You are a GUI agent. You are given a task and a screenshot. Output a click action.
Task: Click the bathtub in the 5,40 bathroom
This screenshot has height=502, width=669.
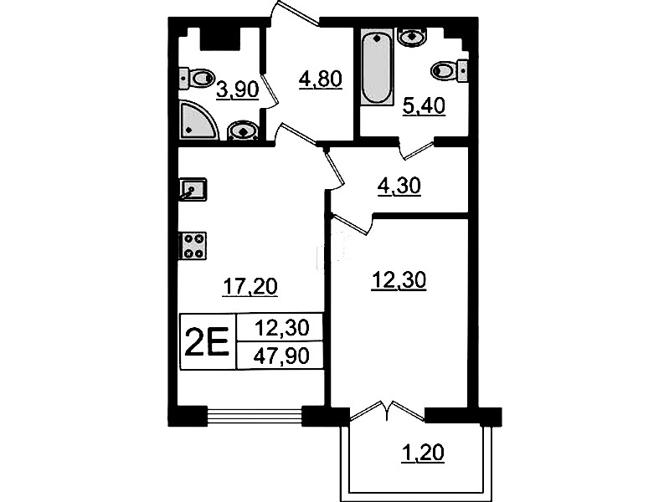pos(376,67)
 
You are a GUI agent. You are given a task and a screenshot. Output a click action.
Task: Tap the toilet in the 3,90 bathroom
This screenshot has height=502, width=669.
pos(195,79)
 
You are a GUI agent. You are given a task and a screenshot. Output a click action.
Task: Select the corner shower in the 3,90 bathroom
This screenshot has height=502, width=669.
pos(198,120)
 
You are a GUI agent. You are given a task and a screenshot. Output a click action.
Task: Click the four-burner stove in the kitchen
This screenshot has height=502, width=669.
pos(193,246)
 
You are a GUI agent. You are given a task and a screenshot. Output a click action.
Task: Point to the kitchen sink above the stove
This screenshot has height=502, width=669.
pos(193,189)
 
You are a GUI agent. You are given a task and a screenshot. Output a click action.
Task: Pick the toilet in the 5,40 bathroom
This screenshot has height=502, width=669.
pos(450,70)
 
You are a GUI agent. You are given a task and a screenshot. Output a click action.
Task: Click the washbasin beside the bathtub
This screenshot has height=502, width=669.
pos(412,37)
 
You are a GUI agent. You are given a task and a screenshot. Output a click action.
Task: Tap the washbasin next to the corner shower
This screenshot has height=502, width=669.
pos(243,131)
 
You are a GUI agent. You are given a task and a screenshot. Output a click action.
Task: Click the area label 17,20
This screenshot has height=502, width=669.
pos(250,287)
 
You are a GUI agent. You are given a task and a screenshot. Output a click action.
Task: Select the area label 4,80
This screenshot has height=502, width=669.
pos(321,79)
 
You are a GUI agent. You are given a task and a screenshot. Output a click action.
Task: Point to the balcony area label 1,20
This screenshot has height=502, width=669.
pos(422,453)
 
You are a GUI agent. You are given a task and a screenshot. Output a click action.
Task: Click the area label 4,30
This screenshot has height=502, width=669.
pos(399,187)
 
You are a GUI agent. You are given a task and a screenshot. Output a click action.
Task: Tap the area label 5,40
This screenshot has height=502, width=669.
pos(425,106)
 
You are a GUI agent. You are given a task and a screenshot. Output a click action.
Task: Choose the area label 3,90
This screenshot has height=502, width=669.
pos(238,90)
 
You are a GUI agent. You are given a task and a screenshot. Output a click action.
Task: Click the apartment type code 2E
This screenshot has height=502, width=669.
pos(208,342)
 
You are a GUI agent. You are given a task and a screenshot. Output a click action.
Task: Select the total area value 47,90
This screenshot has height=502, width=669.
pos(281,356)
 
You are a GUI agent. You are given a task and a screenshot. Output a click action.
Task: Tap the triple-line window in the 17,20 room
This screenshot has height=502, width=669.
pos(255,416)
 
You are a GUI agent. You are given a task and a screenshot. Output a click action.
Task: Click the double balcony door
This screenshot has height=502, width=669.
pos(388,411)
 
